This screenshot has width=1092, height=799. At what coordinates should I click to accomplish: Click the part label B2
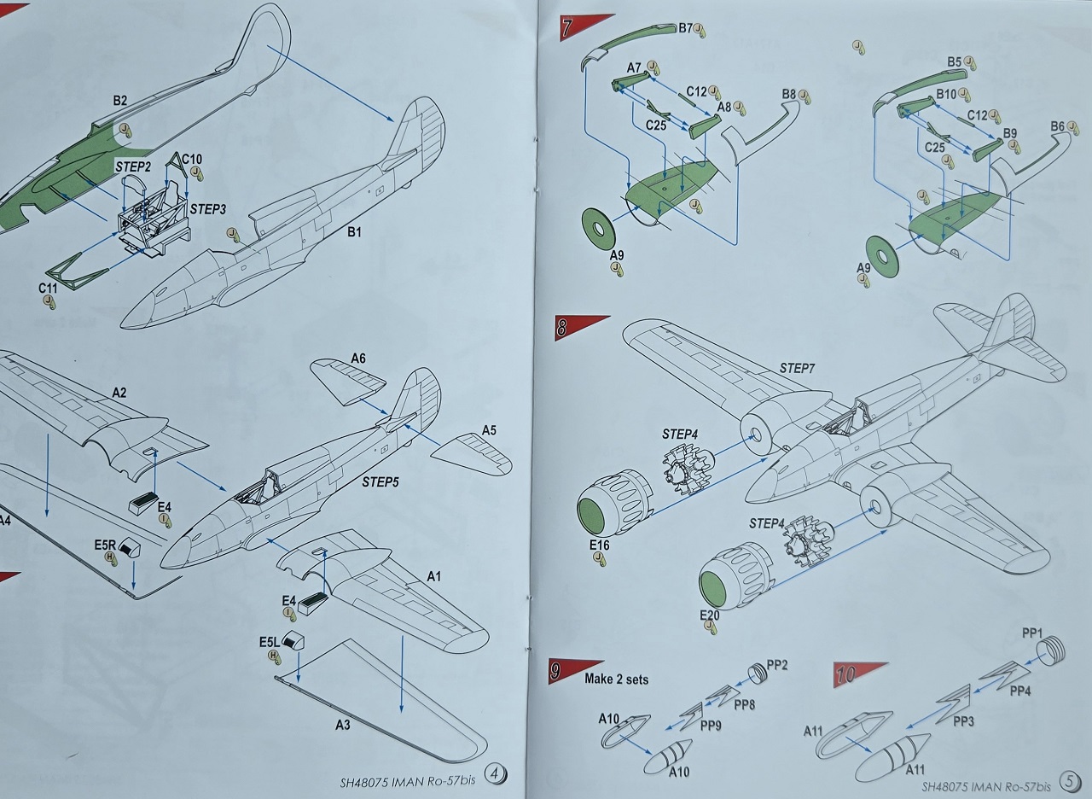119,101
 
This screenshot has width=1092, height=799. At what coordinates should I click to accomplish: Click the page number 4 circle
495,774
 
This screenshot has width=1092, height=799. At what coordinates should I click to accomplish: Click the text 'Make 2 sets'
616,679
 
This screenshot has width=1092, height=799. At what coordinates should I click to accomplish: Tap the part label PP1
1032,633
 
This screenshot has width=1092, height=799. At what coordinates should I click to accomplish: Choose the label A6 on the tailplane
358,359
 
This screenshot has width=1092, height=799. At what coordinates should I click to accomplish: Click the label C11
48,289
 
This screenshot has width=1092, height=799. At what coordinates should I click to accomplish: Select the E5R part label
105,545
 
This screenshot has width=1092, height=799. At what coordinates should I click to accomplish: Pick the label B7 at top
685,28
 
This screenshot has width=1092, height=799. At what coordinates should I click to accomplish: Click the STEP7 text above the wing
798,368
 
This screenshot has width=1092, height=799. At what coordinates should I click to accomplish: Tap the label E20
710,615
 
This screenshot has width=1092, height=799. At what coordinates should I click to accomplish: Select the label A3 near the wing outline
342,725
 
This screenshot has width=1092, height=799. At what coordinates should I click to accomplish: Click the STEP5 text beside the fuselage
380,482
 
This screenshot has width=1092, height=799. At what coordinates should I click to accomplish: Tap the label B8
788,94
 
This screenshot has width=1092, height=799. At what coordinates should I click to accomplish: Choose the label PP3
963,722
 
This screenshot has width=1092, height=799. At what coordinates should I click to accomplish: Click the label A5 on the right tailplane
488,430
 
